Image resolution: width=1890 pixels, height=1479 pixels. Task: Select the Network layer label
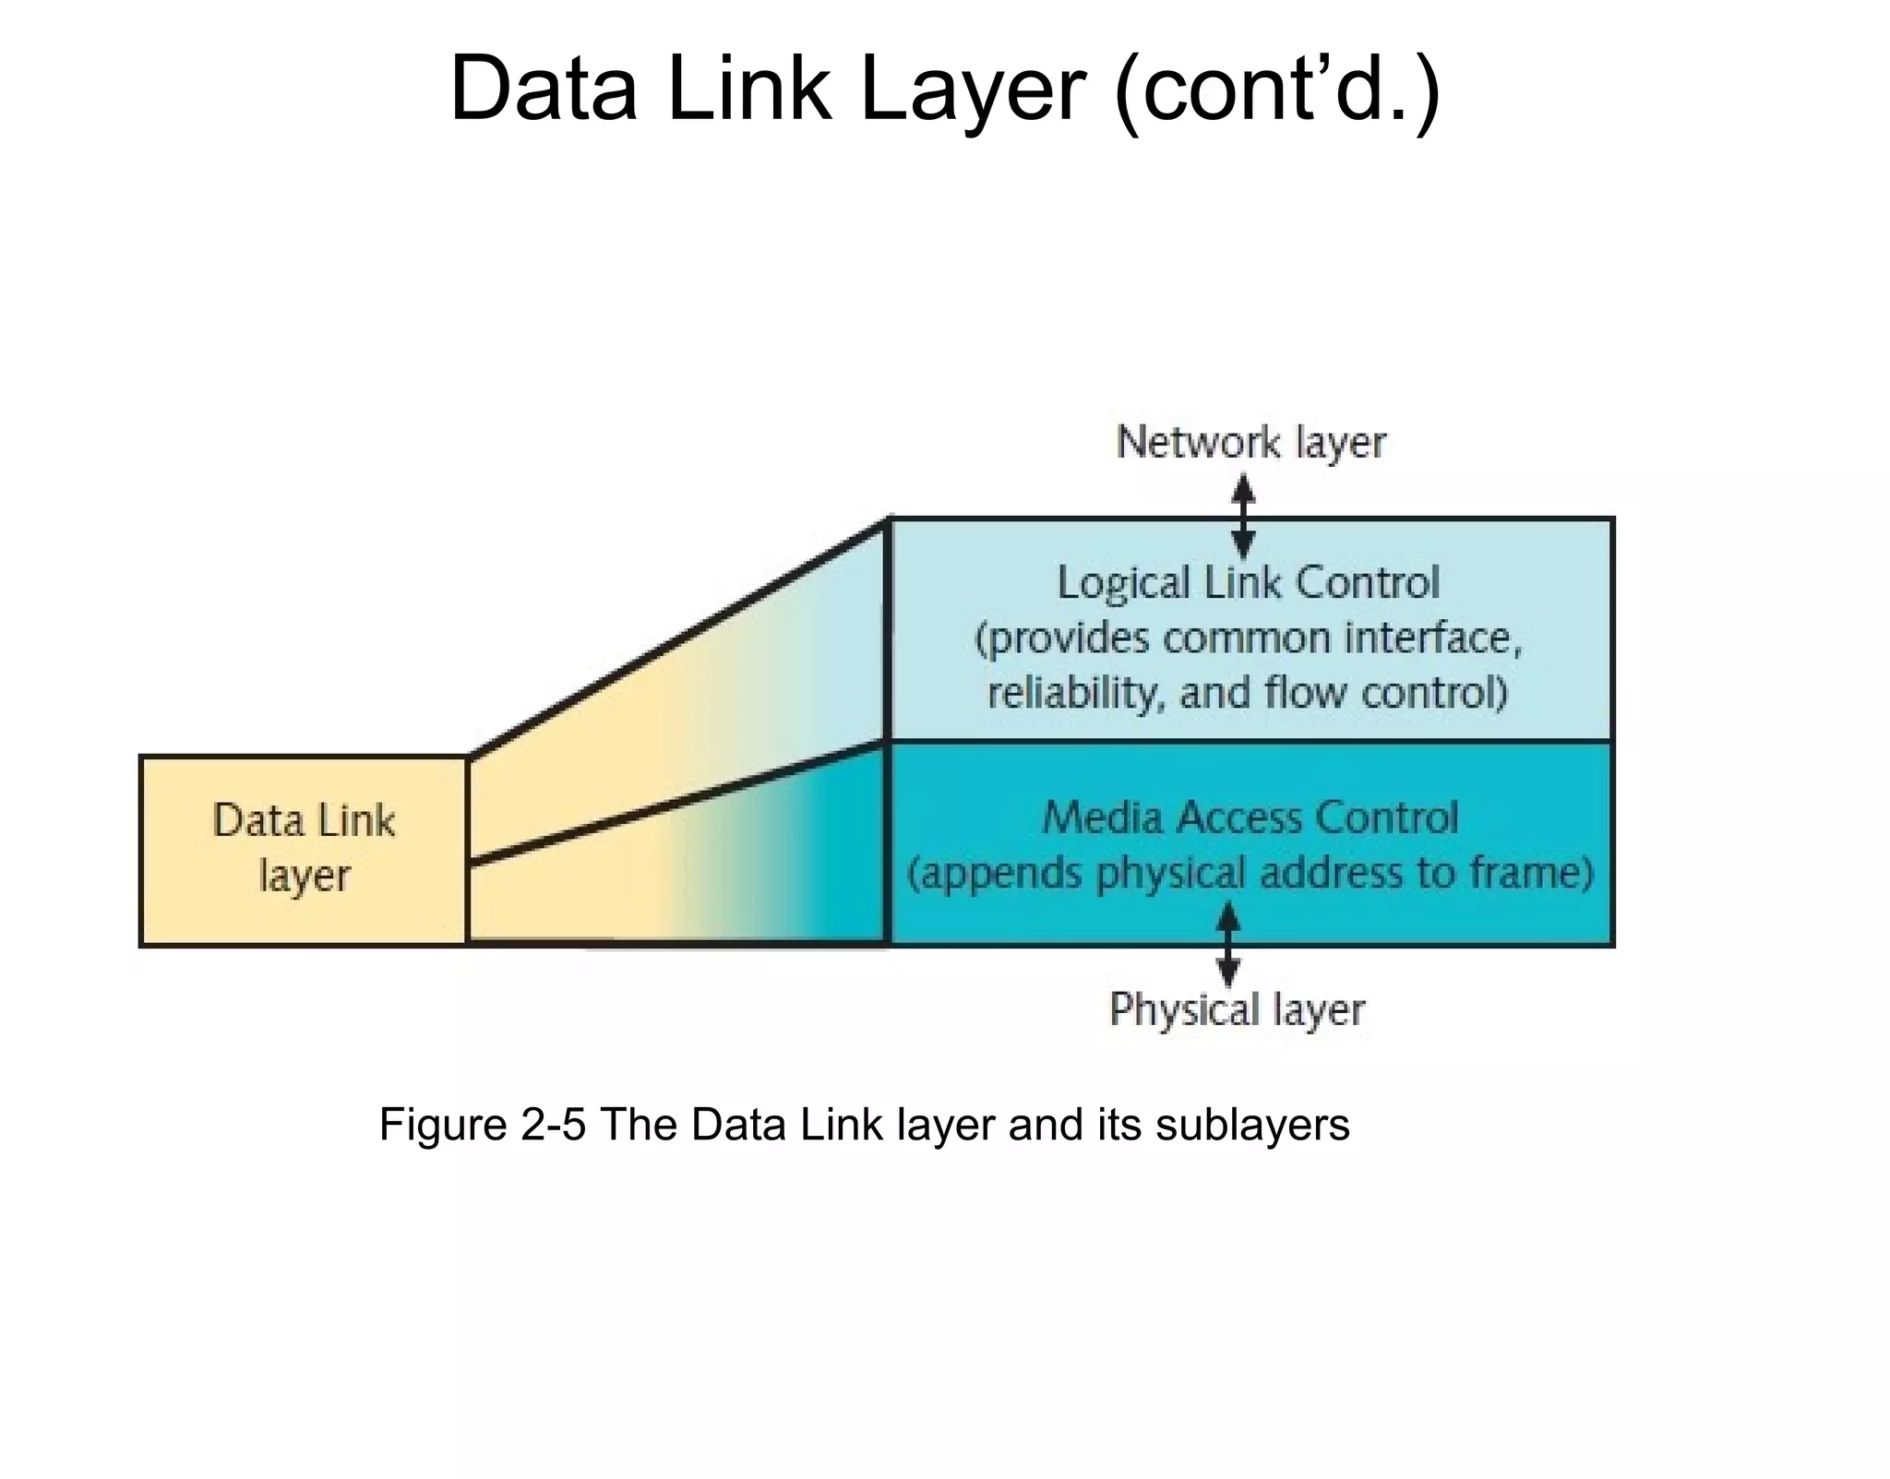1250,442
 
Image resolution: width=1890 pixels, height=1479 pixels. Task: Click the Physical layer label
1237,1008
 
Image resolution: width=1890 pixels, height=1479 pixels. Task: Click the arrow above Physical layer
1227,944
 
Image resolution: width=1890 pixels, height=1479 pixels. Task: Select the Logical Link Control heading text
1248,583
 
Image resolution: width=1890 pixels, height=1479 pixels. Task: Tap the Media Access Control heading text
1250,817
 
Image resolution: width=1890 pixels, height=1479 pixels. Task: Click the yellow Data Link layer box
304,850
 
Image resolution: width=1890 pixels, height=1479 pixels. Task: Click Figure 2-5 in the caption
482,1125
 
